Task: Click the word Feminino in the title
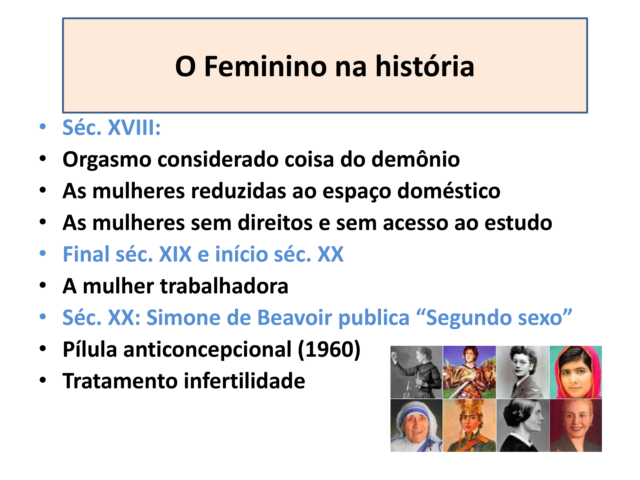point(265,67)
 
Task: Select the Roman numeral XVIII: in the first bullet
point(134,128)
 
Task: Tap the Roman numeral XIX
point(175,254)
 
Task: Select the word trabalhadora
point(224,286)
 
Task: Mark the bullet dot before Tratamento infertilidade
point(43,380)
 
